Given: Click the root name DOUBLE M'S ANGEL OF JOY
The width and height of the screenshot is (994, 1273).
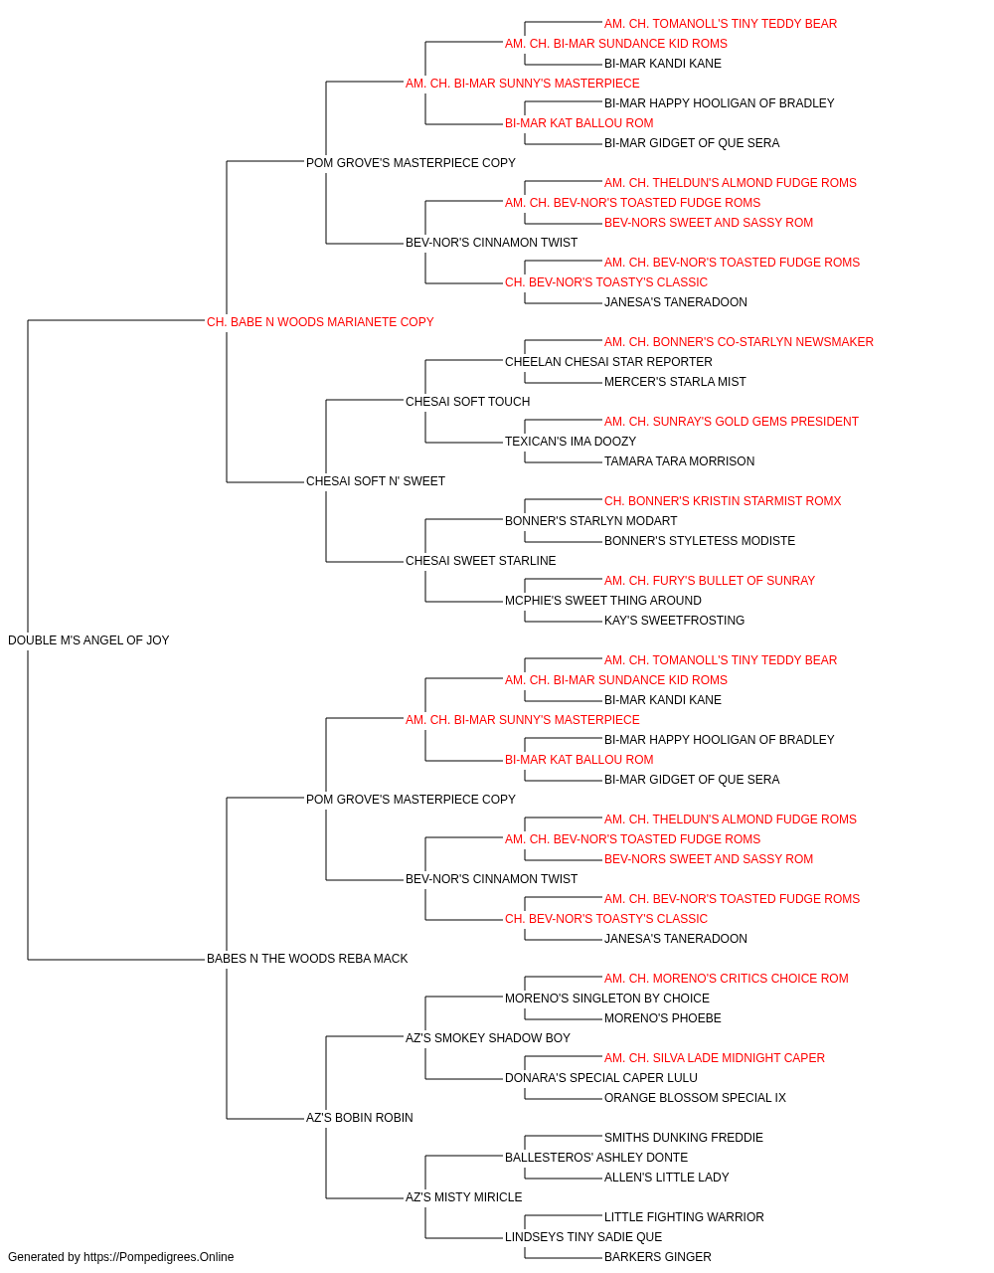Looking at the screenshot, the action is pyautogui.click(x=88, y=640).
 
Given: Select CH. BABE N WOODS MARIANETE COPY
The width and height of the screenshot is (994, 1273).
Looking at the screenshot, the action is pyautogui.click(x=320, y=322).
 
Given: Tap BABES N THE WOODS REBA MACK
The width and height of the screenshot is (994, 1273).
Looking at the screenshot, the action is pyautogui.click(x=307, y=959).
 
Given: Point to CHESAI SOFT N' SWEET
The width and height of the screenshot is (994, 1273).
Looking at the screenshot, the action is pyautogui.click(x=376, y=481).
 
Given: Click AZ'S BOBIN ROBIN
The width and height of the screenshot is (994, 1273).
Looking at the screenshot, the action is pyautogui.click(x=360, y=1118).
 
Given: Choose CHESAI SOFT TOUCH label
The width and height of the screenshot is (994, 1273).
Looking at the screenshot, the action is pyautogui.click(x=468, y=401).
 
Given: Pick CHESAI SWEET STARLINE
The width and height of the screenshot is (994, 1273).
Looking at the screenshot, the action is pyautogui.click(x=481, y=561).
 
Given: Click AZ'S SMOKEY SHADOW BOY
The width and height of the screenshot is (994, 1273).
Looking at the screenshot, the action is pyautogui.click(x=488, y=1038).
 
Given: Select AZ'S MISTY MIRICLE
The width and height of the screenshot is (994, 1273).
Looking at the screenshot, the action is pyautogui.click(x=463, y=1197).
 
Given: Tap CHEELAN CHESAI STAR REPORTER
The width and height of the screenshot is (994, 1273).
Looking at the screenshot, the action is pyautogui.click(x=608, y=361).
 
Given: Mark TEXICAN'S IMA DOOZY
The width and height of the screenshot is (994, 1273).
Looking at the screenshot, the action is pyautogui.click(x=571, y=442).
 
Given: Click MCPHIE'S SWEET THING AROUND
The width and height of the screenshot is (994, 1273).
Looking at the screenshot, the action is pyautogui.click(x=603, y=601).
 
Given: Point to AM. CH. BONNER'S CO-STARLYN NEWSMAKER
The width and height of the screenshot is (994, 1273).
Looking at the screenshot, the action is pyautogui.click(x=739, y=341).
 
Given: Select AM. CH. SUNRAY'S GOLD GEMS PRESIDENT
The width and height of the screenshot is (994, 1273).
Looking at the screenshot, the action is pyautogui.click(x=732, y=422).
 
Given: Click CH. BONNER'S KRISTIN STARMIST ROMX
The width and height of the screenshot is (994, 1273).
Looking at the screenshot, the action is pyautogui.click(x=723, y=501).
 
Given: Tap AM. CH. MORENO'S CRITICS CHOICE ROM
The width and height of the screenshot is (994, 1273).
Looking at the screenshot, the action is pyautogui.click(x=727, y=979).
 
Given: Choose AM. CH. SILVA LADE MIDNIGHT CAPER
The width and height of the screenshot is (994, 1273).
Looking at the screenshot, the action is pyautogui.click(x=714, y=1058).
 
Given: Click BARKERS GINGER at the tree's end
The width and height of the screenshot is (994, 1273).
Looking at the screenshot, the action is pyautogui.click(x=658, y=1257).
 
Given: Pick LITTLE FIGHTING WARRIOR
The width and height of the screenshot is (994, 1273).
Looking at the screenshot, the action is pyautogui.click(x=684, y=1217).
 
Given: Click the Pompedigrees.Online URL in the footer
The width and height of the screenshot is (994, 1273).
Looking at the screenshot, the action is pyautogui.click(x=159, y=1257).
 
